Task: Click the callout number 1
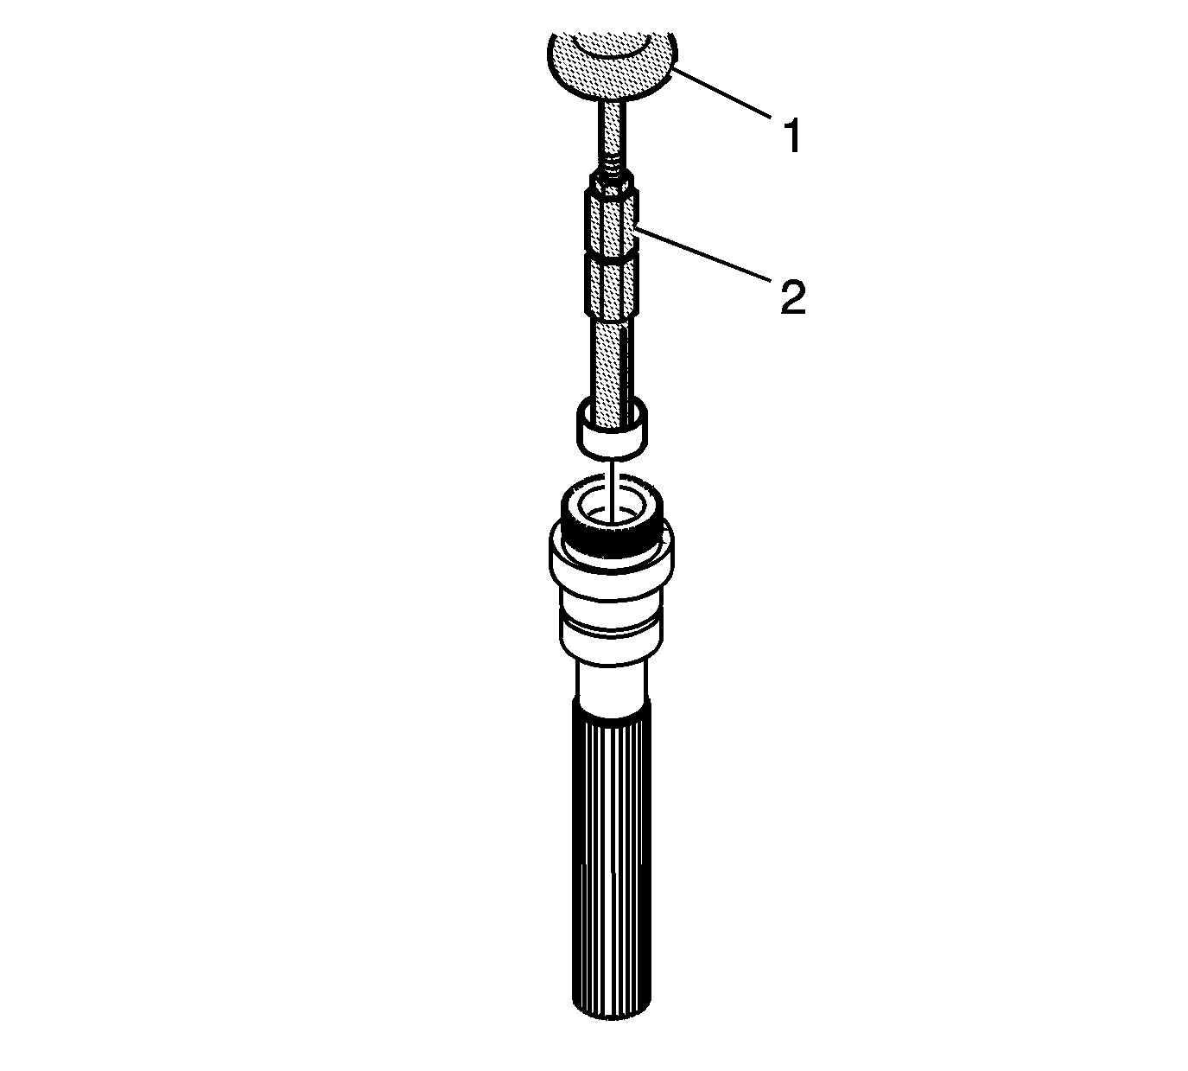[x=791, y=136]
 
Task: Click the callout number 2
[x=793, y=297]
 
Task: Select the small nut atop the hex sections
[x=611, y=182]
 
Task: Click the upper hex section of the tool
[x=612, y=223]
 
